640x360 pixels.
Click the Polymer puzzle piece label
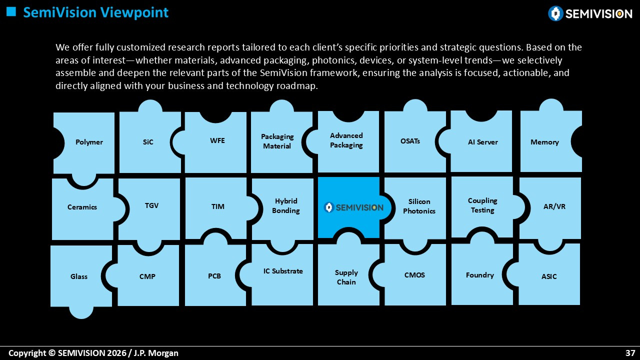click(89, 142)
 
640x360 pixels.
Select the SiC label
click(148, 142)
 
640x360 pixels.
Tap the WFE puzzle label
click(217, 140)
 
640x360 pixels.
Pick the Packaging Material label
click(277, 141)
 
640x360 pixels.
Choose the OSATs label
click(410, 141)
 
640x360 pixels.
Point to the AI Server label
click(483, 142)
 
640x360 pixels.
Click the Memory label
click(544, 142)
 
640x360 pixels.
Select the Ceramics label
click(82, 207)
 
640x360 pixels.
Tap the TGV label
click(151, 205)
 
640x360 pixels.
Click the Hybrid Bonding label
click(285, 205)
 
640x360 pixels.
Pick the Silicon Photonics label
click(419, 206)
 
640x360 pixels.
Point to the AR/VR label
click(554, 206)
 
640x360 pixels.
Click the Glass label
click(79, 276)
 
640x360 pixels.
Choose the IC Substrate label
click(283, 271)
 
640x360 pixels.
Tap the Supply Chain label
click(346, 277)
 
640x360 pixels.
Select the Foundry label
click(480, 275)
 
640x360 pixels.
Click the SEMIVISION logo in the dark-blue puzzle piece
click(353, 207)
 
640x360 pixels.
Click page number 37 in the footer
click(630, 353)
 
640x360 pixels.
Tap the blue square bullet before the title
click(11, 11)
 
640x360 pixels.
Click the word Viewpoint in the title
click(135, 13)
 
